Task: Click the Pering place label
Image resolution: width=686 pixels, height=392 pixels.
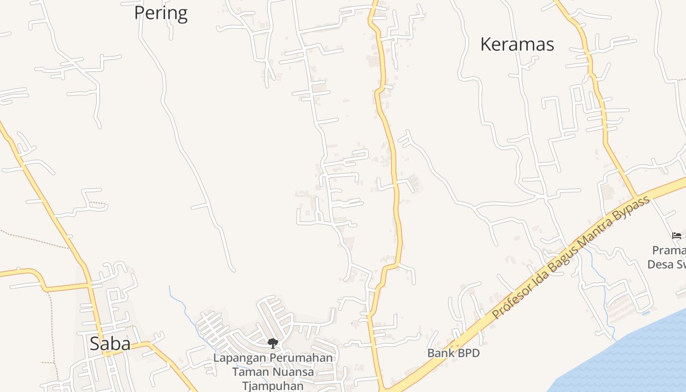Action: [161, 13]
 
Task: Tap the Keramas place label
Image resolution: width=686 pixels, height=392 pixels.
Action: [517, 44]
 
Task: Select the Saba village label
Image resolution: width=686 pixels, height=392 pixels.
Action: [110, 343]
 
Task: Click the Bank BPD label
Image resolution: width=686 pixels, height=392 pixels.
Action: [453, 353]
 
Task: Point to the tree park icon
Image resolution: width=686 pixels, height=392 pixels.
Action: [272, 343]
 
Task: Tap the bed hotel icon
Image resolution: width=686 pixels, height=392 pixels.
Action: [677, 236]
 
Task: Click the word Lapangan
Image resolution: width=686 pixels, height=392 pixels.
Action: [239, 358]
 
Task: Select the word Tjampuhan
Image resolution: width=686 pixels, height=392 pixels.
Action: [273, 386]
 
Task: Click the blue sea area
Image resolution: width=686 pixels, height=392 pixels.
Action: [637, 358]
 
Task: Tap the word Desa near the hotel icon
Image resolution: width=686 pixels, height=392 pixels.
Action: [659, 265]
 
